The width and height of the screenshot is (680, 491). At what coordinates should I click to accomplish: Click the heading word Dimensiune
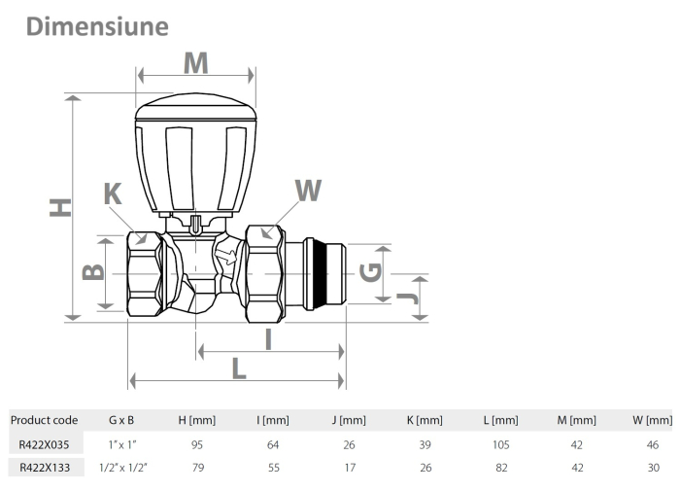coord(97,26)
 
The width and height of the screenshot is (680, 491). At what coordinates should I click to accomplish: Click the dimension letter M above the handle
coord(196,63)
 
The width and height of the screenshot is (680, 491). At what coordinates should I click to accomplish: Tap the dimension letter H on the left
coord(61,207)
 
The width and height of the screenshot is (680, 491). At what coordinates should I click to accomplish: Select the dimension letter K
coord(114,193)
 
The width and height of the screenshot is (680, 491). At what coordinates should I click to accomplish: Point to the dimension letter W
coord(307,190)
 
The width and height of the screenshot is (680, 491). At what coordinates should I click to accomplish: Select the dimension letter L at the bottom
coord(239,368)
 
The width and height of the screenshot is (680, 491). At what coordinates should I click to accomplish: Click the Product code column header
coord(44,420)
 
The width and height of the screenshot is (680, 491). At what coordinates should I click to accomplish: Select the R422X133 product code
coord(44,467)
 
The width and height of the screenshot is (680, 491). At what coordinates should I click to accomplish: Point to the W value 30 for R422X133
coord(653,467)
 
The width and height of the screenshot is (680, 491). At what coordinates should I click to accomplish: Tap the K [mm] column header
coord(425,420)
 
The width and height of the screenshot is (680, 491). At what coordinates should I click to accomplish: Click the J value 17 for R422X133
coord(349,467)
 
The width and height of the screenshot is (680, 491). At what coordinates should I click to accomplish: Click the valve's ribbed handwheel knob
coord(195,156)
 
